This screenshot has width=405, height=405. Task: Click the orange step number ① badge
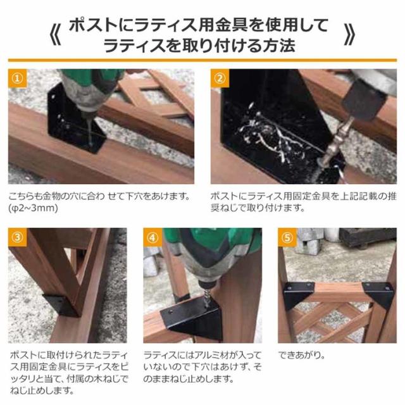pyautogui.click(x=18, y=80)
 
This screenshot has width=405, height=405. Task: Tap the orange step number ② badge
pyautogui.click(x=220, y=80)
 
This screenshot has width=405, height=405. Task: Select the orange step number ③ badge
pyautogui.click(x=18, y=239)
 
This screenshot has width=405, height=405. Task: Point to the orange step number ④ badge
pyautogui.click(x=153, y=239)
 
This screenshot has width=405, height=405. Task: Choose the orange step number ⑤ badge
pyautogui.click(x=287, y=239)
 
